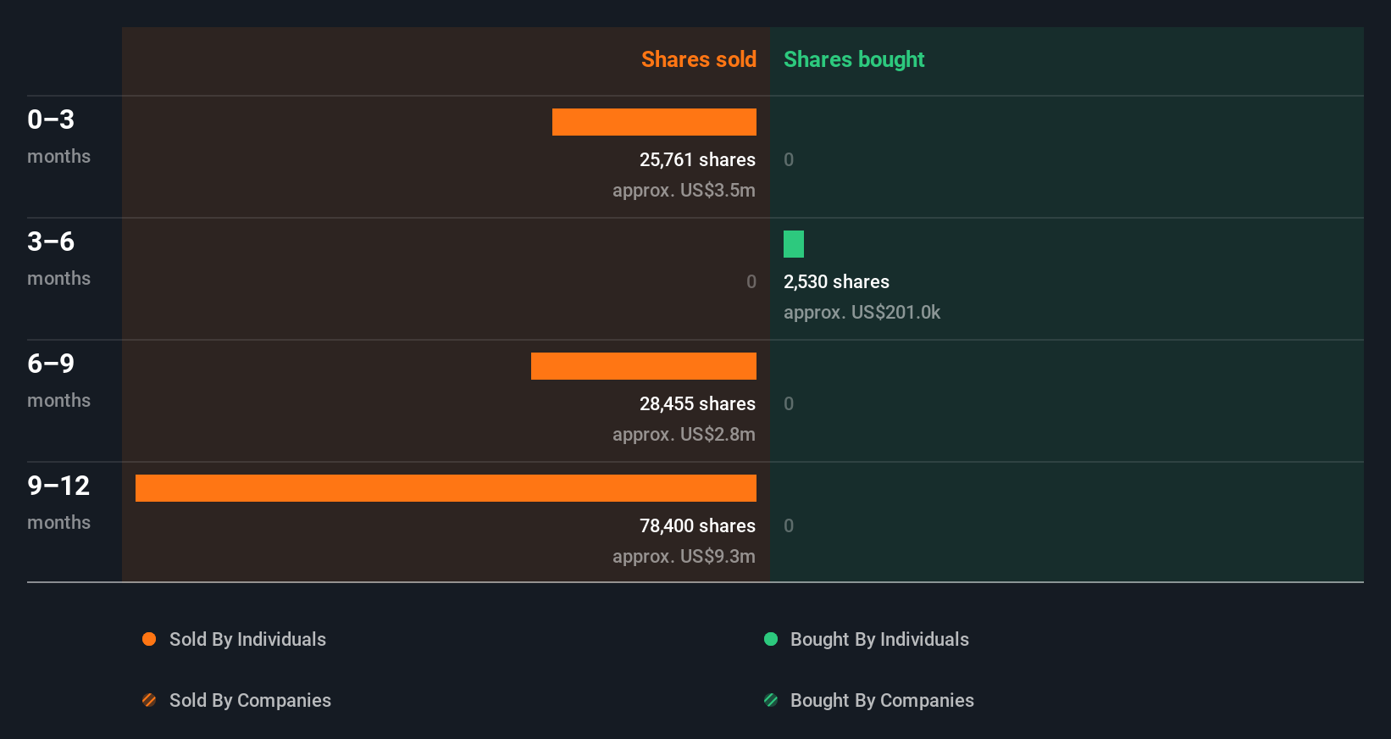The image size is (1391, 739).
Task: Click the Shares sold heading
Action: [x=698, y=59]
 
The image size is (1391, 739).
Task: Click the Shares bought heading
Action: [x=853, y=59]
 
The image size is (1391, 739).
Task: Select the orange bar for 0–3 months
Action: [x=654, y=122]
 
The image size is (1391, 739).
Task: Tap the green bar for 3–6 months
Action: [x=794, y=244]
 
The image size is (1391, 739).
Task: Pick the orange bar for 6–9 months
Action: [x=644, y=366]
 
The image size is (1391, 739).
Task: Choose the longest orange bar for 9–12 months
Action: [x=446, y=488]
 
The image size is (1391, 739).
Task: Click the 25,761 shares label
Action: [x=697, y=159]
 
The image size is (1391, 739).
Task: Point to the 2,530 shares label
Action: [x=836, y=281]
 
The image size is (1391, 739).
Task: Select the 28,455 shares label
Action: [x=697, y=403]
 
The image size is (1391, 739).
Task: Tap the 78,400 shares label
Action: [x=697, y=525]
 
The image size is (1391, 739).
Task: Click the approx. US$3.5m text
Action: [x=684, y=190]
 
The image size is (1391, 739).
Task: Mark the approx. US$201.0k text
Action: [x=862, y=312]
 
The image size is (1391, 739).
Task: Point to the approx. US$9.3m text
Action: [x=684, y=556]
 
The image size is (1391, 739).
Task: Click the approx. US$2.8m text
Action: [x=684, y=434]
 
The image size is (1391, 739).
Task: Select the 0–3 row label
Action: [x=51, y=119]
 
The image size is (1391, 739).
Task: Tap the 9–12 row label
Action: [x=58, y=486]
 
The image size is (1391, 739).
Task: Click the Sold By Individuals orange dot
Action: [x=149, y=639]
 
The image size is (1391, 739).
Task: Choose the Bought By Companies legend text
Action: [x=882, y=700]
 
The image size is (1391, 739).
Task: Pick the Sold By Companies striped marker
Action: [x=149, y=700]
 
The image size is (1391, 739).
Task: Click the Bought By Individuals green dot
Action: [x=771, y=639]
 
